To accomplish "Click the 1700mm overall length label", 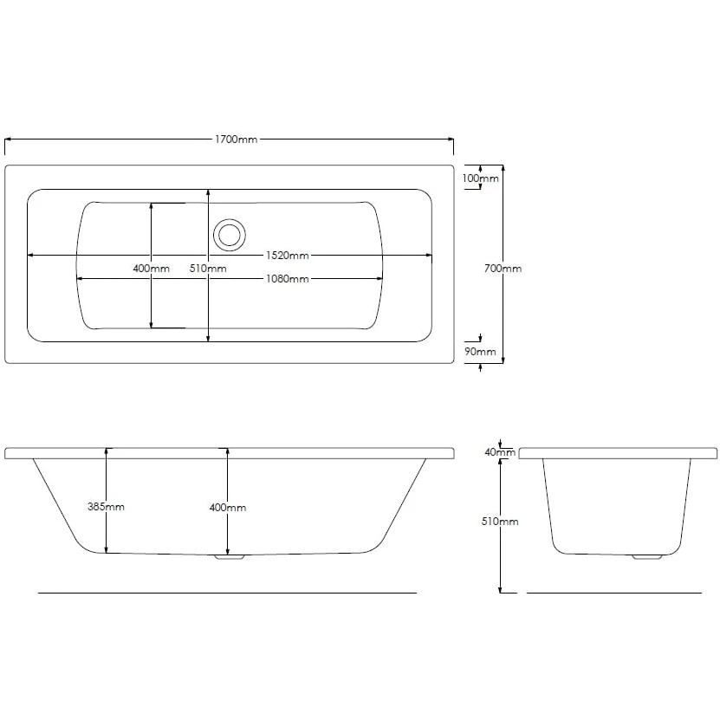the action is [x=236, y=139].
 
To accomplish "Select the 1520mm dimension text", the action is [x=288, y=256].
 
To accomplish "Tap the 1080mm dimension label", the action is [x=288, y=279].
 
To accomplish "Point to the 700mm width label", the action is [x=503, y=269].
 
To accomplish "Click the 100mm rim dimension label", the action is [x=480, y=178].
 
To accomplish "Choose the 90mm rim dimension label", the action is [x=480, y=352].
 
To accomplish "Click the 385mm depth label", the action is [x=106, y=507].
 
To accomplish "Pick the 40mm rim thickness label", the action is [x=500, y=452].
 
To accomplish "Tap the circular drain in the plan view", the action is [x=229, y=235].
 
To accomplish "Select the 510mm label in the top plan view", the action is [x=208, y=269].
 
